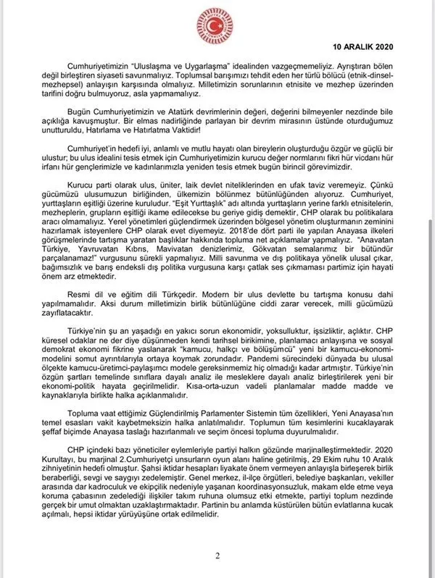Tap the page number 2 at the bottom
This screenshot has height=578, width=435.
(217, 555)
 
